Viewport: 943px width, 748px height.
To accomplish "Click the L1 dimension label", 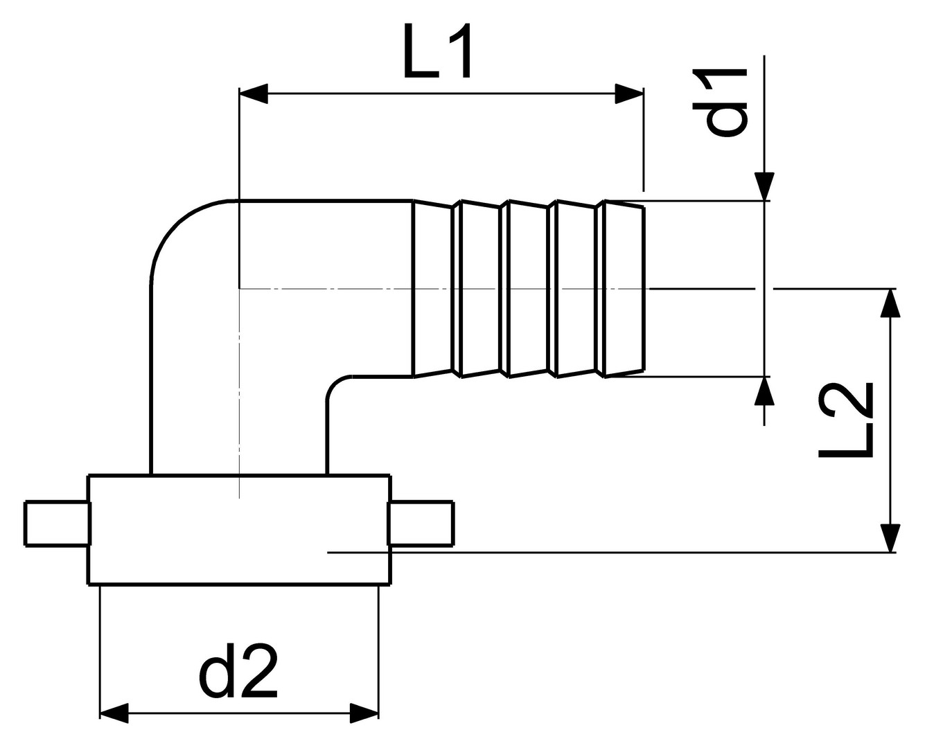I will click(438, 53).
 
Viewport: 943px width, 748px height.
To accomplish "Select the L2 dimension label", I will click(846, 420).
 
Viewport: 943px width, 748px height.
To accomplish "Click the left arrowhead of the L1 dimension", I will click(253, 93).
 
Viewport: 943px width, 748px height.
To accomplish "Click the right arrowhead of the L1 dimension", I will click(629, 93).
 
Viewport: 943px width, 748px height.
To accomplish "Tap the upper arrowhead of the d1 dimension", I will click(764, 186).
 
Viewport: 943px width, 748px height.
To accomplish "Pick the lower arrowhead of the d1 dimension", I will click(764, 391).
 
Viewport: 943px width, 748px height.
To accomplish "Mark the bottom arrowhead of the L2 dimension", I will click(891, 537).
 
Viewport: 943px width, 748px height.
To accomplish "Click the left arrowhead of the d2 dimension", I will click(114, 713).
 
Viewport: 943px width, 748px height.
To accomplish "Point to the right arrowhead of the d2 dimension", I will click(364, 713).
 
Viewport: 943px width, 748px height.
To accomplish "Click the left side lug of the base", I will click(57, 524).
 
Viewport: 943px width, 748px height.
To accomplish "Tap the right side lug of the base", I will click(421, 524).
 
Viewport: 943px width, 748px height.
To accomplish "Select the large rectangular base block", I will click(239, 530).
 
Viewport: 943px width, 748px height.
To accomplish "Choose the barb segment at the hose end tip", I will click(624, 288).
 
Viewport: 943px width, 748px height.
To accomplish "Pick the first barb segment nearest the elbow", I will click(434, 288).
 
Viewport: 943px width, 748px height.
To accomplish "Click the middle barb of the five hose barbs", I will click(529, 288).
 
